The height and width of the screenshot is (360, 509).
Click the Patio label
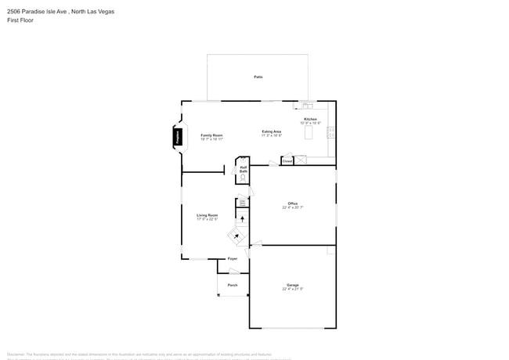click(258, 77)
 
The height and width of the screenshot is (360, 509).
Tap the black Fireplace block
click(179, 138)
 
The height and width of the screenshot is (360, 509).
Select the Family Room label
click(211, 135)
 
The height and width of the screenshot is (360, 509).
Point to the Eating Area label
click(272, 131)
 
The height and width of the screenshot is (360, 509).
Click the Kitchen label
click(310, 119)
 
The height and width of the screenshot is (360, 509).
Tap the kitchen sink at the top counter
click(308, 105)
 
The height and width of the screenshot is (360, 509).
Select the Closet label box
click(287, 160)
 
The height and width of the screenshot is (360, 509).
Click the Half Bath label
click(244, 168)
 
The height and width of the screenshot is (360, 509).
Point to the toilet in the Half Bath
click(243, 178)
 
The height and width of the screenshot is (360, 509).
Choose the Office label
click(292, 203)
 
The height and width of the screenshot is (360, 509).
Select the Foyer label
click(232, 258)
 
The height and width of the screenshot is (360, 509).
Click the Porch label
click(233, 285)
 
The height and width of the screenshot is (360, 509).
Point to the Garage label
click(292, 285)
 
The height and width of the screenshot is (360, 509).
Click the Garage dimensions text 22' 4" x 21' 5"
click(292, 290)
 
